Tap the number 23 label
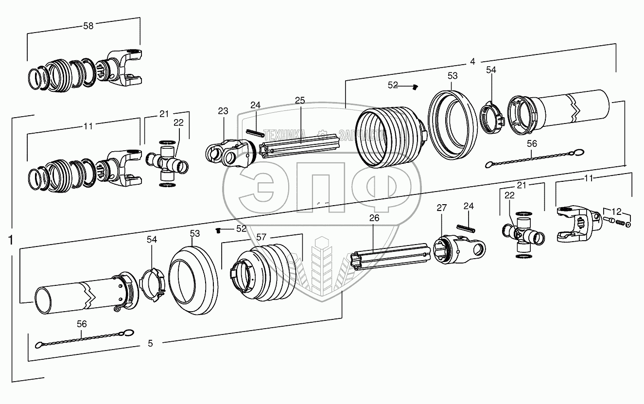223,111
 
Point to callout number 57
261,237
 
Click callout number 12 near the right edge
616,211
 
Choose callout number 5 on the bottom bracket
150,343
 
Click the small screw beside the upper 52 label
415,87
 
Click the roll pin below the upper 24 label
254,131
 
